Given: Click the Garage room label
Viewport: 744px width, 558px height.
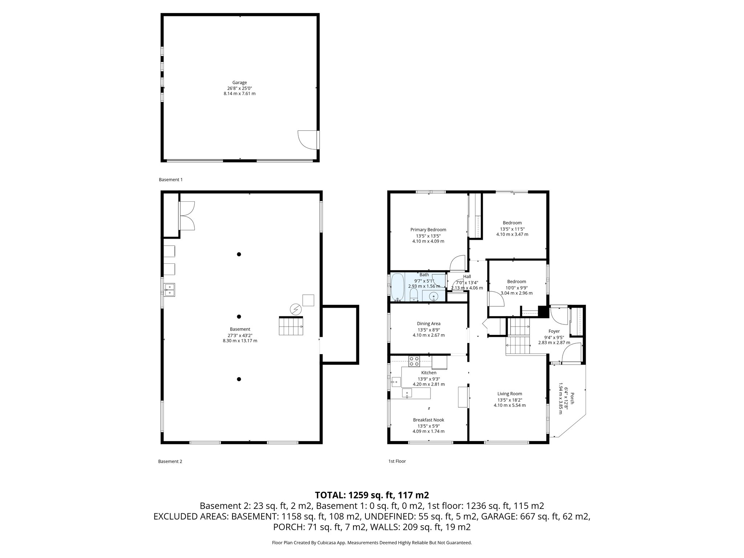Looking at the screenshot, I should [x=239, y=82].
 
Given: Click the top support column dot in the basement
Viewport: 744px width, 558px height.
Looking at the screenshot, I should [x=239, y=254].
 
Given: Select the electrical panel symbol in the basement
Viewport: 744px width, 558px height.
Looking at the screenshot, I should [x=295, y=310].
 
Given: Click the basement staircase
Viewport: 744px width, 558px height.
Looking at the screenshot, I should [x=291, y=326].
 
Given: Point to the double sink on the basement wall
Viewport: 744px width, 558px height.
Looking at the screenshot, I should [x=169, y=289].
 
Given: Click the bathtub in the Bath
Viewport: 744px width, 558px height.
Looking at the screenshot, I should [x=398, y=287].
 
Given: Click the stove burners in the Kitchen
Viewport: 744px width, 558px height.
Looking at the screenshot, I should [x=414, y=361].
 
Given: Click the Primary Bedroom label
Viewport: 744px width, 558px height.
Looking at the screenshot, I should [x=428, y=230].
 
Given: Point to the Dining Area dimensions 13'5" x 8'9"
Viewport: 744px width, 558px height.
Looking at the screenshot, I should [x=429, y=330].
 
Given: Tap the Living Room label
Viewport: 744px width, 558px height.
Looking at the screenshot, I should [x=509, y=393].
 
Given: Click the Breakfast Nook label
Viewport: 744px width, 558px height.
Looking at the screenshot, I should [x=428, y=420].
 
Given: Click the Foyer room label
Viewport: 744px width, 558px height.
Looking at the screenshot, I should [x=554, y=331].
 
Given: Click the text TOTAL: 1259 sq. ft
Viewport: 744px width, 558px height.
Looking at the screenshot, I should [x=372, y=495].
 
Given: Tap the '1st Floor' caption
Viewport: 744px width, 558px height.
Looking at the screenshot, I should [x=397, y=461].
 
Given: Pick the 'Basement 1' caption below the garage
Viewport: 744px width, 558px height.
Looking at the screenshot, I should [x=171, y=179].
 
